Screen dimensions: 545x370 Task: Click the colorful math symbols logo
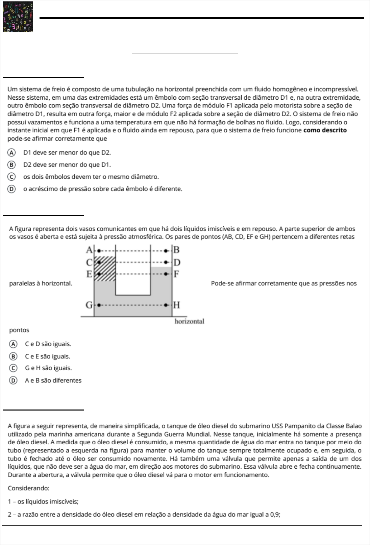18,17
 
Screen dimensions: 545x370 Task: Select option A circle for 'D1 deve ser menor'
11,153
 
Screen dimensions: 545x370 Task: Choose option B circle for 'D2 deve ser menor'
11,165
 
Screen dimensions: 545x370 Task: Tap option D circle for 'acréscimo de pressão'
11,189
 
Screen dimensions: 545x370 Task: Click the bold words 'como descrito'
325,130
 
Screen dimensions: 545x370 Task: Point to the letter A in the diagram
89,250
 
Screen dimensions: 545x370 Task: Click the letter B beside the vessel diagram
176,250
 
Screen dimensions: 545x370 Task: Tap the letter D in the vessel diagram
177,262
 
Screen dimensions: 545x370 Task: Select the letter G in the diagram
89,305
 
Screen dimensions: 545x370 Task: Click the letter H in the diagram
176,305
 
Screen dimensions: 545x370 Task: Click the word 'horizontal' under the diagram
189,321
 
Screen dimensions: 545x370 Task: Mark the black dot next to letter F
166,274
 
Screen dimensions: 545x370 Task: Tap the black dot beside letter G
99,305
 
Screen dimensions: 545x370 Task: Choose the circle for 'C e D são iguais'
13,344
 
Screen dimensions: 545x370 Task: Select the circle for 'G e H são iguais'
13,368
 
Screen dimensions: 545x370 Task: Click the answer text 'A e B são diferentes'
53,380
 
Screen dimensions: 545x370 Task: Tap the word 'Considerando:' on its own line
29,489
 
